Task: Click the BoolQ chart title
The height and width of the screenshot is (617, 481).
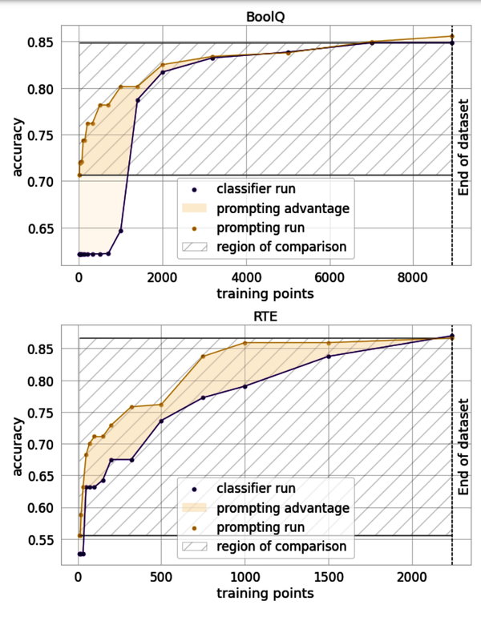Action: point(265,14)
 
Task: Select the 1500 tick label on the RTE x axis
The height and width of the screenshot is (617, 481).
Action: point(328,578)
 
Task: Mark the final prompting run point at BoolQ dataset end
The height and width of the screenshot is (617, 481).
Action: point(452,36)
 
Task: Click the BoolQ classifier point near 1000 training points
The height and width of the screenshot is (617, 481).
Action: point(120,231)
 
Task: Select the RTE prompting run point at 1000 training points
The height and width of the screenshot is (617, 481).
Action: point(245,343)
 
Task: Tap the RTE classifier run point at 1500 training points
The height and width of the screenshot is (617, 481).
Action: point(328,356)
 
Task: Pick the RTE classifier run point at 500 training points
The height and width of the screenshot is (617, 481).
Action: point(161,421)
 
